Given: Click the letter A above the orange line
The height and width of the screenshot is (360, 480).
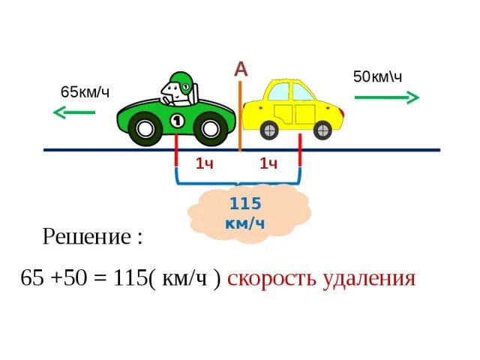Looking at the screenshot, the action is (241, 69).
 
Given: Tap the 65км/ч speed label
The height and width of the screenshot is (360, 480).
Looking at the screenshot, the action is (85, 91).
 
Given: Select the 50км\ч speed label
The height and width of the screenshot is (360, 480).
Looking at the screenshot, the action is (378, 76).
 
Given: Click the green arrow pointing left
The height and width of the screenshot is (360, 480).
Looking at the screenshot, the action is (73, 112).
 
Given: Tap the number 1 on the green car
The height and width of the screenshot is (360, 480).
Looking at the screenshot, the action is (178, 119).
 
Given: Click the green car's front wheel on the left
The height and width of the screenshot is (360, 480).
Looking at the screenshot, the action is (145, 129).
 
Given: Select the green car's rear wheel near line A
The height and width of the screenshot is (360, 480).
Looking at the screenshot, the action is (212, 129).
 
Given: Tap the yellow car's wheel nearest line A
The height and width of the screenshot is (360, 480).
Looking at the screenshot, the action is (268, 130).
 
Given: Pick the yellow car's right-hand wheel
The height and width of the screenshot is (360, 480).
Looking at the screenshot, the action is (320, 130).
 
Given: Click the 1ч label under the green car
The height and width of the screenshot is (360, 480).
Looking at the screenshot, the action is (205, 163).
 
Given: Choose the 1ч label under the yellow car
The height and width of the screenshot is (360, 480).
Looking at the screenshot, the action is (269, 163).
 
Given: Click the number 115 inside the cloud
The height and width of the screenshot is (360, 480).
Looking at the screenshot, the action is (244, 203).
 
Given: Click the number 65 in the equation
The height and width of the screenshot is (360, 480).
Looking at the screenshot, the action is (33, 279).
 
